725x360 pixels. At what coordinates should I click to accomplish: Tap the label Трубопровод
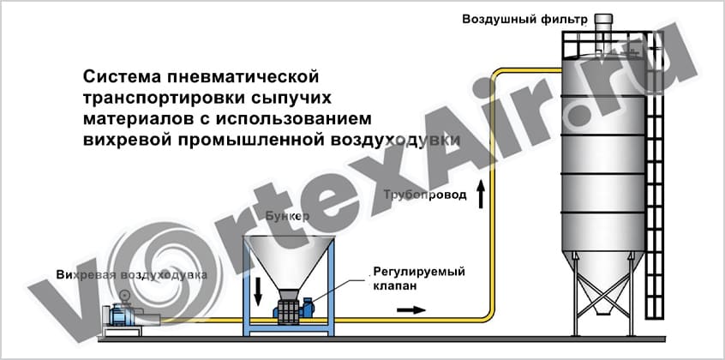[425, 195]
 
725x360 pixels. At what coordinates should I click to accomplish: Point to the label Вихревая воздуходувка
[130, 276]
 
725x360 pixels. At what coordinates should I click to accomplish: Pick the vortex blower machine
[121, 314]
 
